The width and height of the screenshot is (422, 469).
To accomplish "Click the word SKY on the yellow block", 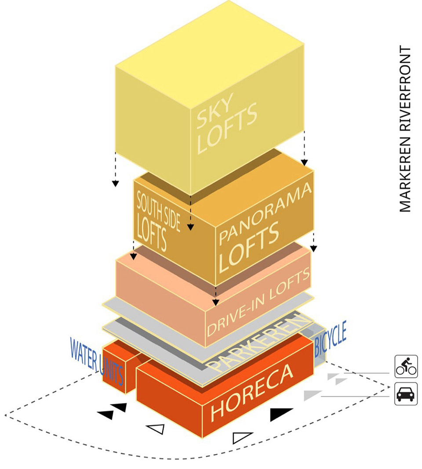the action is [x=215, y=110].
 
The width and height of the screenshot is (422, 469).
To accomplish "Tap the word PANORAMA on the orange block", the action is [x=266, y=213].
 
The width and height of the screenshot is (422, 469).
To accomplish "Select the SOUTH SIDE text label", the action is [x=158, y=213].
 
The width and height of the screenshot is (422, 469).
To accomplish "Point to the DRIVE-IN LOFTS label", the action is [x=258, y=302].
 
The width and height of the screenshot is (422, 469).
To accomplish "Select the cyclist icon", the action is [x=406, y=366].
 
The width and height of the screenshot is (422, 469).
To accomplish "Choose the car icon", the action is [x=406, y=394].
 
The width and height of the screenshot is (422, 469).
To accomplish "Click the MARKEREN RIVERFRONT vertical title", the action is [x=405, y=129].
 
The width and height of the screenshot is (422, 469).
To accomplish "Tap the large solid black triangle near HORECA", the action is [x=280, y=414].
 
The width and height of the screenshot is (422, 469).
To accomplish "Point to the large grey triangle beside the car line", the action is [x=313, y=395].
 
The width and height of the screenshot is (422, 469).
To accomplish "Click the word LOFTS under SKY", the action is [x=227, y=128].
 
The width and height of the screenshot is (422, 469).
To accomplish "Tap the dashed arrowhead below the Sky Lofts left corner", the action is [x=115, y=184].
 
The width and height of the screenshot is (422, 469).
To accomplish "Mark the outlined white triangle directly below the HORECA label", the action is [x=242, y=437].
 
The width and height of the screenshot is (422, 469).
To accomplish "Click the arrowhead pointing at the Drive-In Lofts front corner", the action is [x=216, y=303].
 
